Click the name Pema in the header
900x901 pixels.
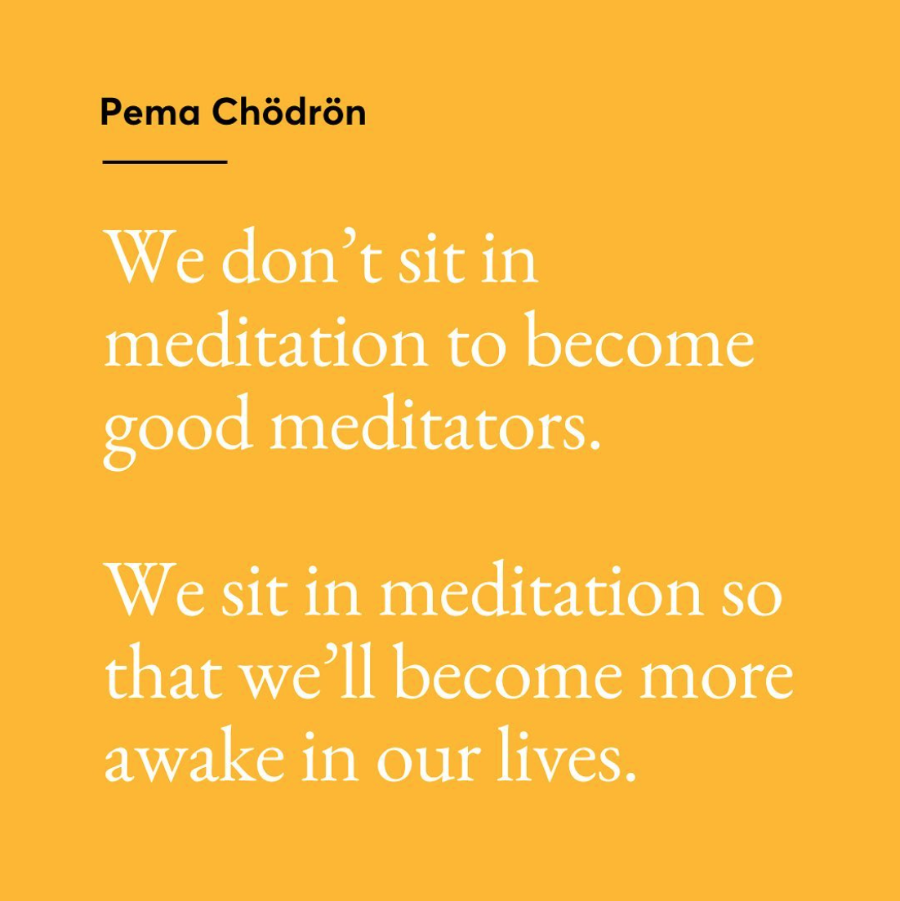pos(150,112)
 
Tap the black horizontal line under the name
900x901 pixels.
pos(165,162)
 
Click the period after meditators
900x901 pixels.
pos(595,444)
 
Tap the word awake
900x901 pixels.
pos(194,755)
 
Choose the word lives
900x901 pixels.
pos(559,754)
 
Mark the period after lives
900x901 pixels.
pos(630,776)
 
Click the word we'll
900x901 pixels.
pos(308,671)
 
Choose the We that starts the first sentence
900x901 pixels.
pos(154,256)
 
